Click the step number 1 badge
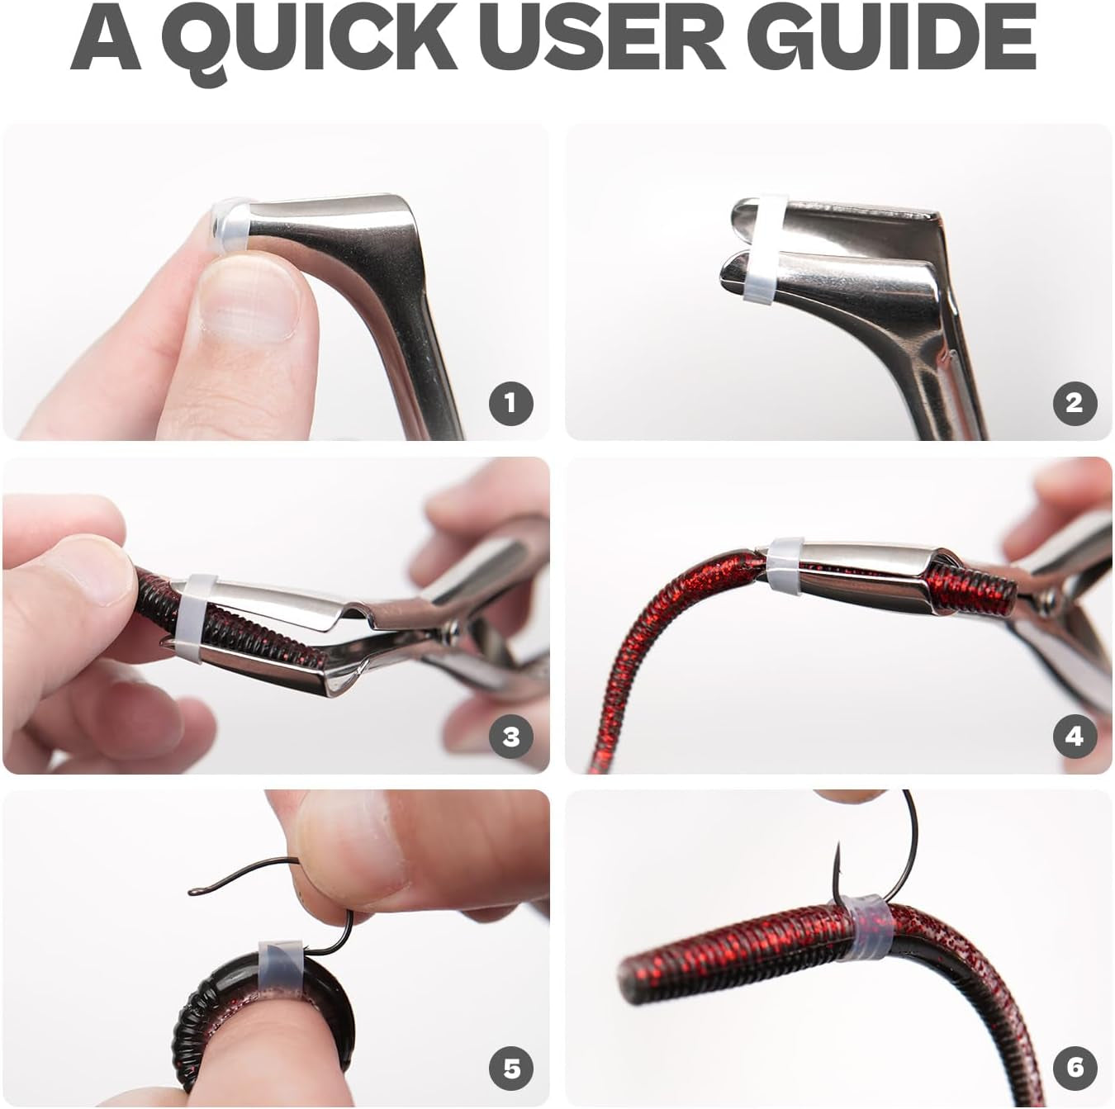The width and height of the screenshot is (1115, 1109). pos(511,403)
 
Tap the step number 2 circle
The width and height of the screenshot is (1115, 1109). pos(1075,403)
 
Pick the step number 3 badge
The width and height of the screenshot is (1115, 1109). pos(511,737)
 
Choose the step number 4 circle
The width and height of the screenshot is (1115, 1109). pos(1075,737)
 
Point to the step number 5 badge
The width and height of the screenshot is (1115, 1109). pos(511,1068)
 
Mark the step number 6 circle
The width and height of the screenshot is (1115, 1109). pos(1075,1068)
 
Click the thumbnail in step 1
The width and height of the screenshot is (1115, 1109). pos(249,301)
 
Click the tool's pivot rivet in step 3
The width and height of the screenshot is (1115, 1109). pos(452,633)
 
